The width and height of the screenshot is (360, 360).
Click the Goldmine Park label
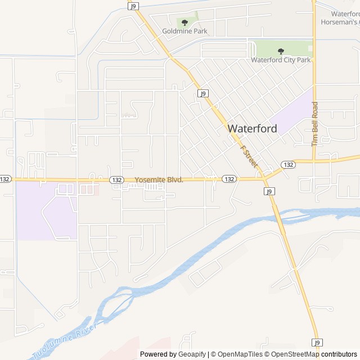click(x=184, y=31)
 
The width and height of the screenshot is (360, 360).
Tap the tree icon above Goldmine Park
click(x=184, y=23)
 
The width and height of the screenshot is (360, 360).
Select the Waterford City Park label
click(x=281, y=60)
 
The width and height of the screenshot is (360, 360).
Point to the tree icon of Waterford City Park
click(x=281, y=51)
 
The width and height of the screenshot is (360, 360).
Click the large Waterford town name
click(x=252, y=128)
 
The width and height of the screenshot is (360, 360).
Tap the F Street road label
click(x=248, y=157)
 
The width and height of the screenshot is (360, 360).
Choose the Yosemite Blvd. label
click(x=159, y=179)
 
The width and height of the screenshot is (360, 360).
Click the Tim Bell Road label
click(x=315, y=124)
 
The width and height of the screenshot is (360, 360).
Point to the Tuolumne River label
click(x=65, y=340)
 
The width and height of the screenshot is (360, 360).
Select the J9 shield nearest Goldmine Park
click(x=133, y=6)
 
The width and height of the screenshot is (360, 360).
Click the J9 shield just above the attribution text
click(x=318, y=343)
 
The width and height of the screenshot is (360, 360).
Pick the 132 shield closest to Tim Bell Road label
click(x=289, y=165)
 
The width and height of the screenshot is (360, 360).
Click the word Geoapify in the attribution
click(x=192, y=354)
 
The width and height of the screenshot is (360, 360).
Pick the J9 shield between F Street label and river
click(x=269, y=191)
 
